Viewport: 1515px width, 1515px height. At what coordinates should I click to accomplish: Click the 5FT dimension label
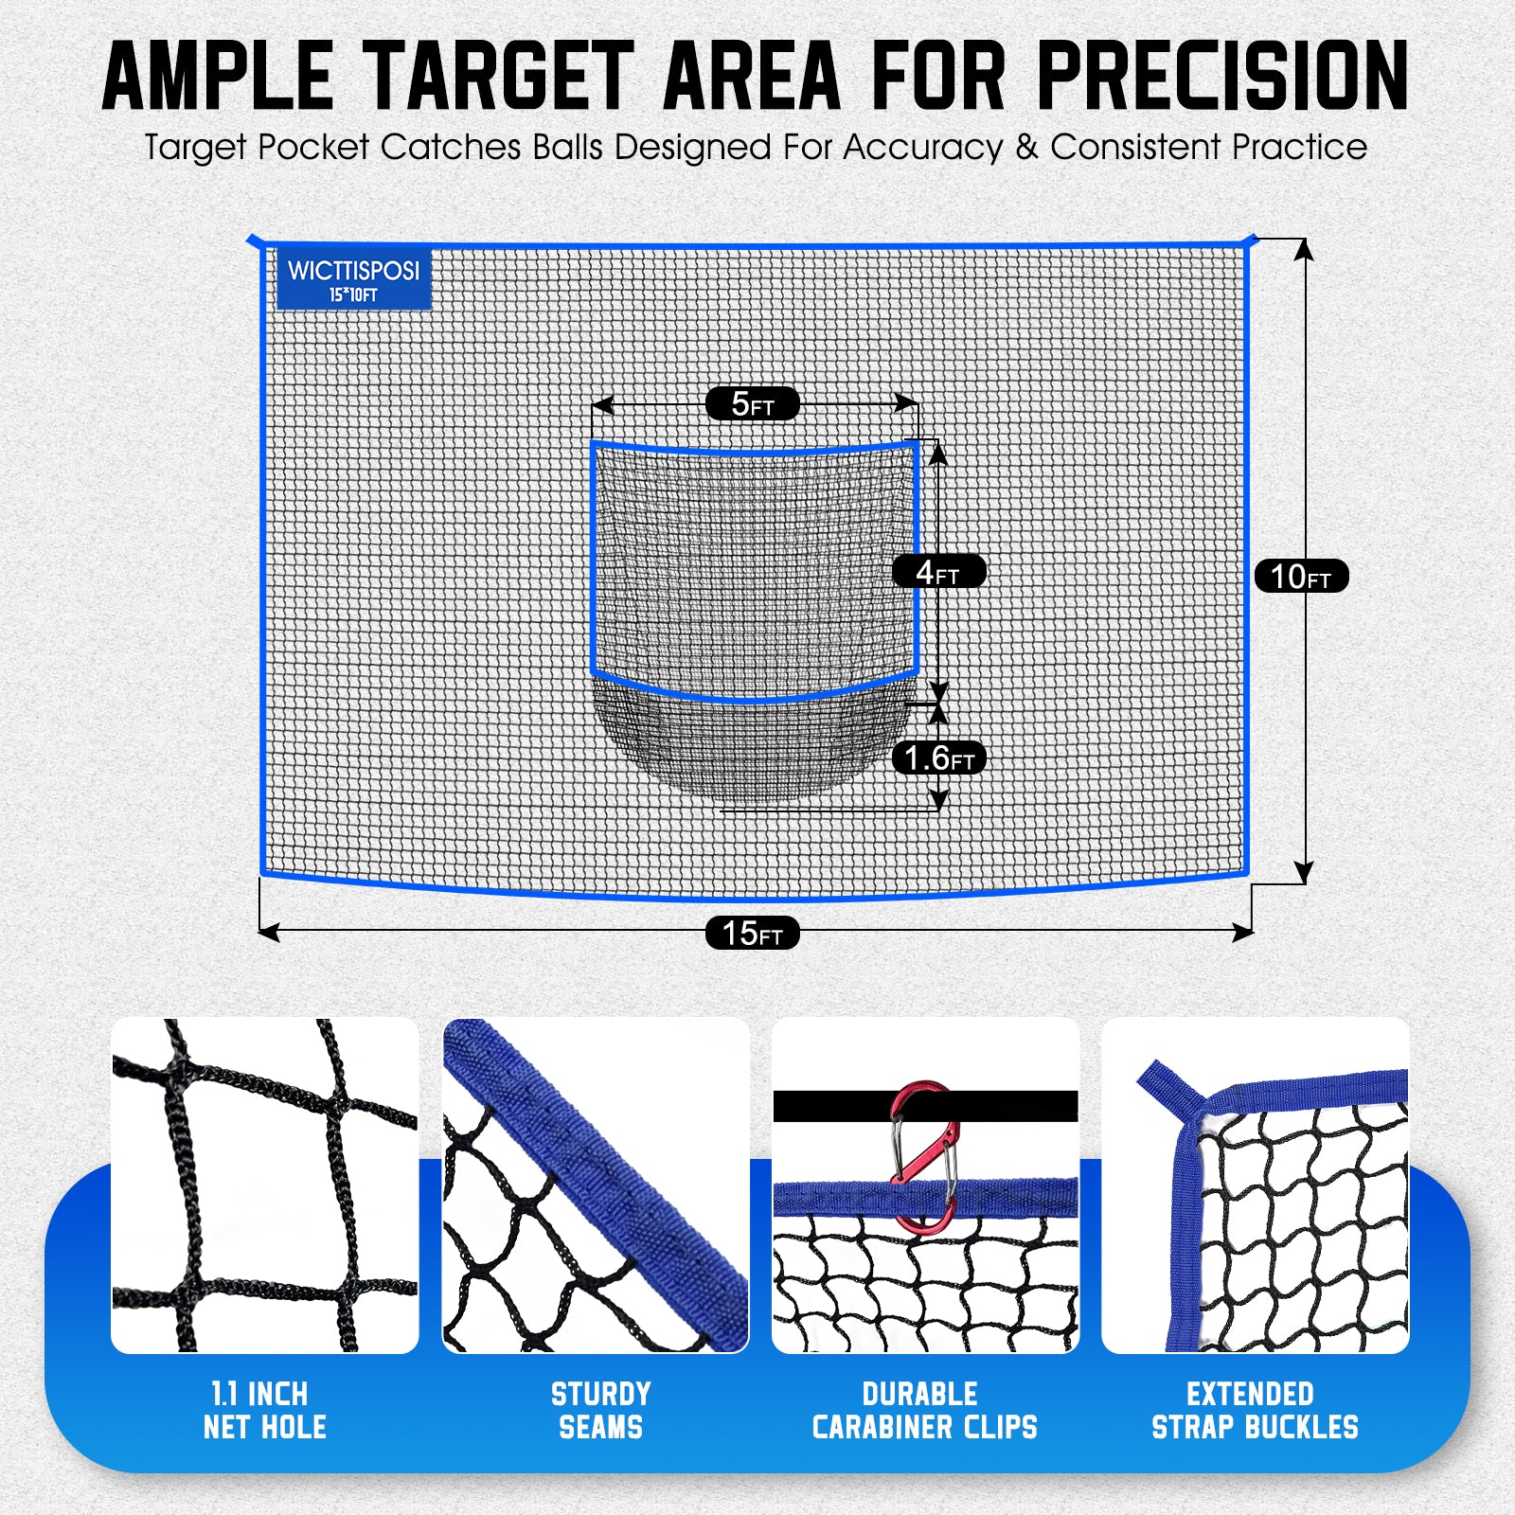click(752, 404)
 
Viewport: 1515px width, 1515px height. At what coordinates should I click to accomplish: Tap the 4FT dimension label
click(938, 572)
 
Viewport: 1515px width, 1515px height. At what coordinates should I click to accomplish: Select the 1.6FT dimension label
click(938, 757)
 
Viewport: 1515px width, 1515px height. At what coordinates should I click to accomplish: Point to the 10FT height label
click(1301, 576)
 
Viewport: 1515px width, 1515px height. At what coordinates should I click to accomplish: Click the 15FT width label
click(752, 933)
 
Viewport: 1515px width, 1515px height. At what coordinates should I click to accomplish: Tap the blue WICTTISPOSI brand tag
click(353, 278)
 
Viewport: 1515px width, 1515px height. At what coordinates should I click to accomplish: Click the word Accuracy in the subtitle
click(922, 148)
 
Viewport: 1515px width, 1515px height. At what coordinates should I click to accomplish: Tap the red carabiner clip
click(923, 1157)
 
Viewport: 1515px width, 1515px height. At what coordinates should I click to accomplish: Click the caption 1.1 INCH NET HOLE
click(264, 1410)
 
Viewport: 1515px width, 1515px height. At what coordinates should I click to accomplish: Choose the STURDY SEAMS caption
click(600, 1410)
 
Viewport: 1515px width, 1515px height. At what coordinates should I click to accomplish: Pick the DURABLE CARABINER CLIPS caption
click(924, 1410)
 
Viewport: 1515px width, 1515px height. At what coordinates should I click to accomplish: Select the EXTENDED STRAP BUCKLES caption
click(1254, 1410)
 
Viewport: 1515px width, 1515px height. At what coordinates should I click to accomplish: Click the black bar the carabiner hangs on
click(833, 1106)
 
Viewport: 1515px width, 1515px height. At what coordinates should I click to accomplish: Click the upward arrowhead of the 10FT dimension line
click(1304, 248)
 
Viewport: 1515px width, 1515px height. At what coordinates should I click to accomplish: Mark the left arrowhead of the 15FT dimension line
click(268, 933)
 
